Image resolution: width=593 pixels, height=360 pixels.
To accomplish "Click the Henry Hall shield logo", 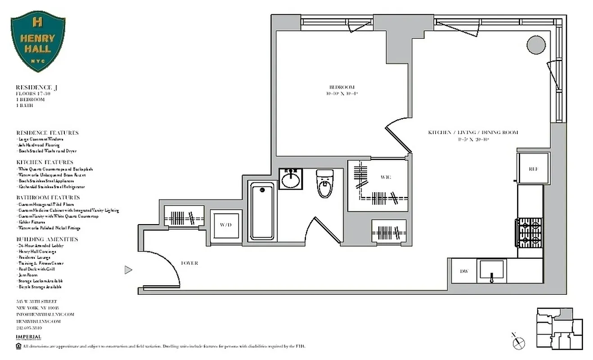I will (x=38, y=41).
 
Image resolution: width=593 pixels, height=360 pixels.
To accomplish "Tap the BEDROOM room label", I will (x=342, y=87).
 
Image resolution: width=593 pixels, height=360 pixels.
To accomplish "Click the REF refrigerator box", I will (x=533, y=169).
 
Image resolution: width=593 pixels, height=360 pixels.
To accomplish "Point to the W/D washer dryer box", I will (x=226, y=225).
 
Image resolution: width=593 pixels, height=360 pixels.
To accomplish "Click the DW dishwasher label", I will (x=464, y=271).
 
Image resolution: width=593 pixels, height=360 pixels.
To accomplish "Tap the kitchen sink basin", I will (x=492, y=271).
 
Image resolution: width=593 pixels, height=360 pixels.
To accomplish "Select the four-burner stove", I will (x=530, y=233).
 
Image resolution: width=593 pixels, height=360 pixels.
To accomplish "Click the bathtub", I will (x=263, y=211).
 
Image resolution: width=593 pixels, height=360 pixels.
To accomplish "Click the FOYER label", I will (x=189, y=263).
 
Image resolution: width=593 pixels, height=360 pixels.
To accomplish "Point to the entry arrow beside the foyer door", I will (x=128, y=270).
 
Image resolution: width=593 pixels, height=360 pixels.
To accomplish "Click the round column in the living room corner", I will (x=536, y=45).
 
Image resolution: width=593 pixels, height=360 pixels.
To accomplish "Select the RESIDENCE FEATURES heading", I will (x=47, y=133).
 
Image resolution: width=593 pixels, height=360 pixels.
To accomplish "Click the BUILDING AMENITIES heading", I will (x=47, y=239).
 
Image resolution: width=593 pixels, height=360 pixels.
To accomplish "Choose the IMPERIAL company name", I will (x=28, y=337).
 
